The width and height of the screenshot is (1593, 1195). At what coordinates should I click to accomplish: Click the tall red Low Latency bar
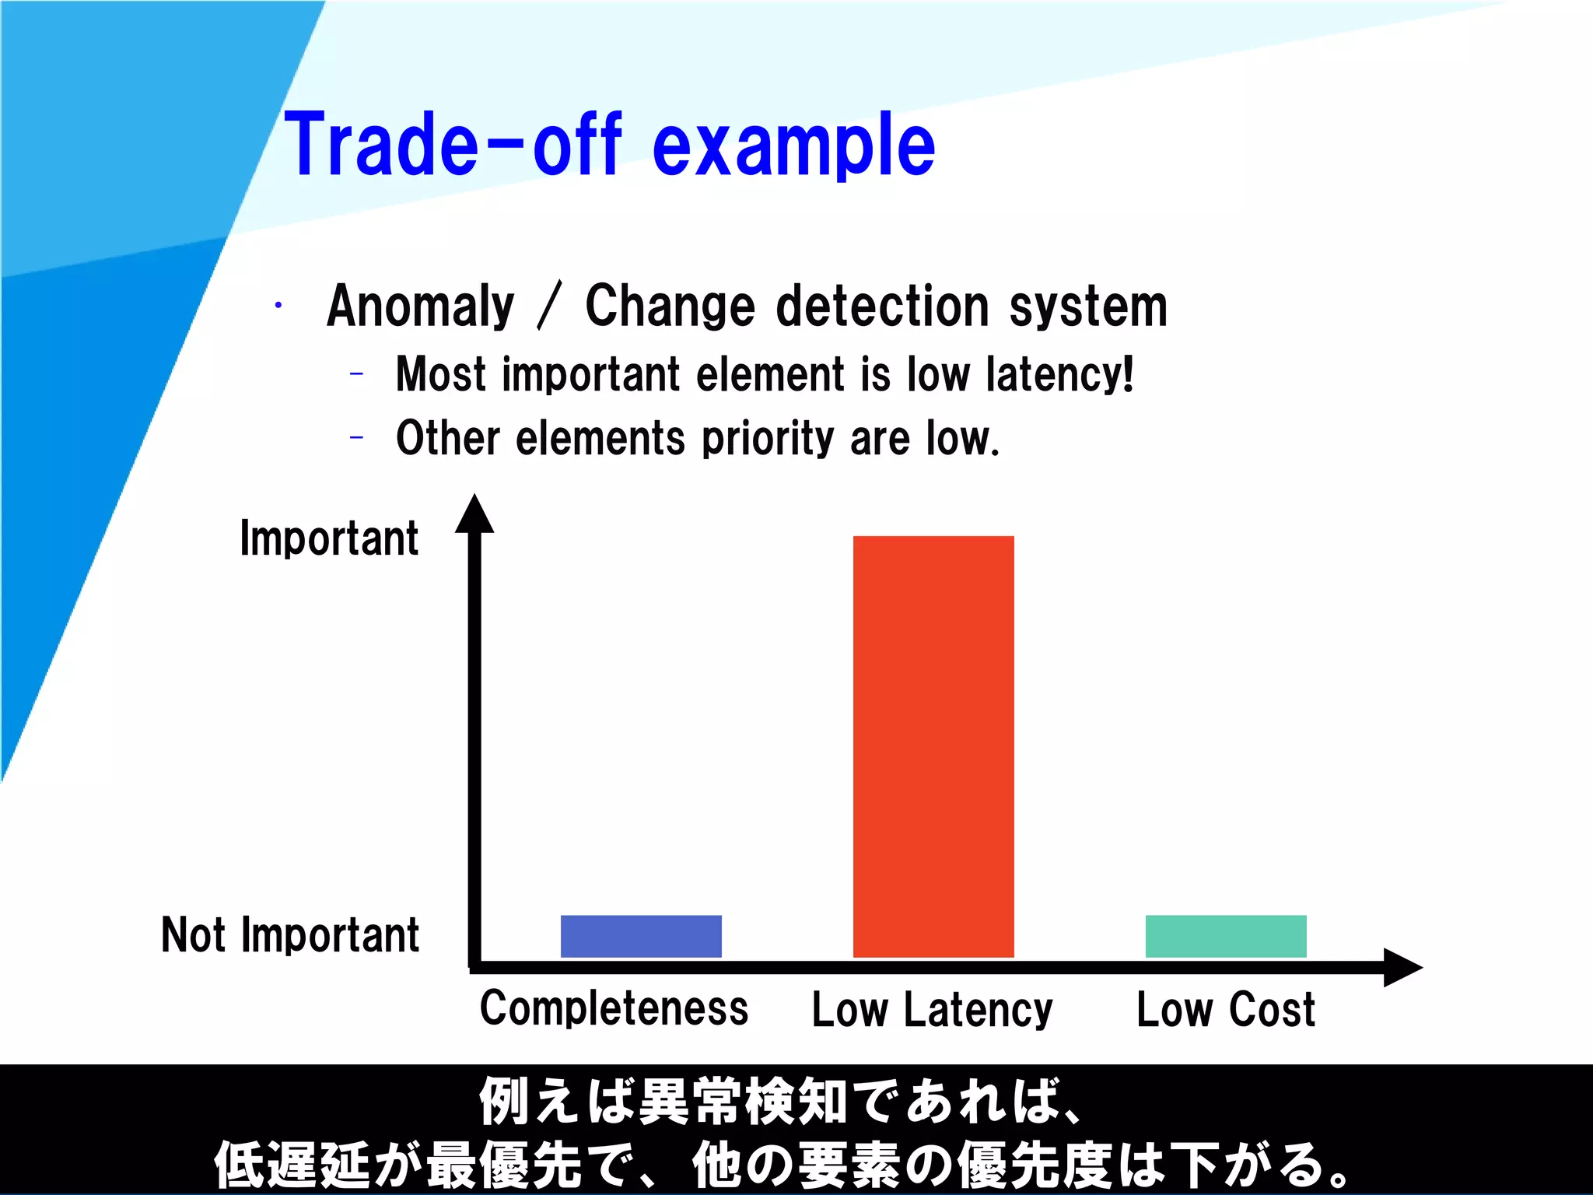[x=933, y=746]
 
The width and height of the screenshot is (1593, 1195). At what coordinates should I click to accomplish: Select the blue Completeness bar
[x=641, y=936]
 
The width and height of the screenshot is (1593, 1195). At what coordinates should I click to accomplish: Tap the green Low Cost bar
[x=1226, y=936]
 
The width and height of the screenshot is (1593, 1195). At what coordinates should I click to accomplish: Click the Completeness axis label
[x=614, y=1009]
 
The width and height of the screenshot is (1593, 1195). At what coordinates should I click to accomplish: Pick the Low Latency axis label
[x=932, y=1010]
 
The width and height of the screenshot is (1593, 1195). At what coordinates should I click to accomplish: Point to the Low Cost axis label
[x=1226, y=1010]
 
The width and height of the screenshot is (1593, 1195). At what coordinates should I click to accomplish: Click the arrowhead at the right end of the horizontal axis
[x=1402, y=967]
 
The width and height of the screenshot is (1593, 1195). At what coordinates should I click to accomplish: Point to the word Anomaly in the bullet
[x=421, y=307]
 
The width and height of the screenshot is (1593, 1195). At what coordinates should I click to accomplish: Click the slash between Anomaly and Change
[x=549, y=307]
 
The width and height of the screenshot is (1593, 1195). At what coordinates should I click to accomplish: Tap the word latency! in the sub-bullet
[x=1059, y=375]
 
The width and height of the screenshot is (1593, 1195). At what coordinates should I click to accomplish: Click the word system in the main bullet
[x=1088, y=307]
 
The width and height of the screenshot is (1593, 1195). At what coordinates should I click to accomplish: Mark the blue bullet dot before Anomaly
[x=278, y=305]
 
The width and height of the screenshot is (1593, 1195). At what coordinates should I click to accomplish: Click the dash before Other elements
[x=357, y=438]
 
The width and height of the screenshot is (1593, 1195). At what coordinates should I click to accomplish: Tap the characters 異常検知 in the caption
[x=742, y=1102]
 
